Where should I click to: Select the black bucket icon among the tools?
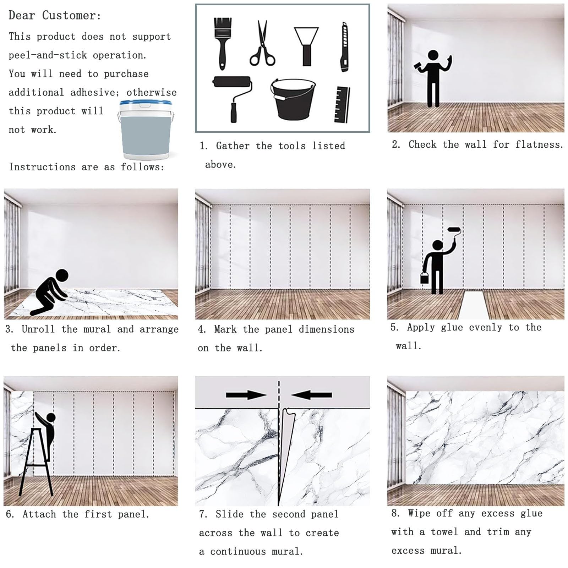coord(293,99)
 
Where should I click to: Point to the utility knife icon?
coord(344,47)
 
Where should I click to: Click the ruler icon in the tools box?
coord(342,105)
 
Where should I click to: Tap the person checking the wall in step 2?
coord(433,78)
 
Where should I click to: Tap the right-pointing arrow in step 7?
coord(246,395)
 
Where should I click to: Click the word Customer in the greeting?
coord(71,16)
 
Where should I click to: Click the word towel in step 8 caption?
coord(444,532)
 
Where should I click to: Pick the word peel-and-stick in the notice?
coord(48,55)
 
